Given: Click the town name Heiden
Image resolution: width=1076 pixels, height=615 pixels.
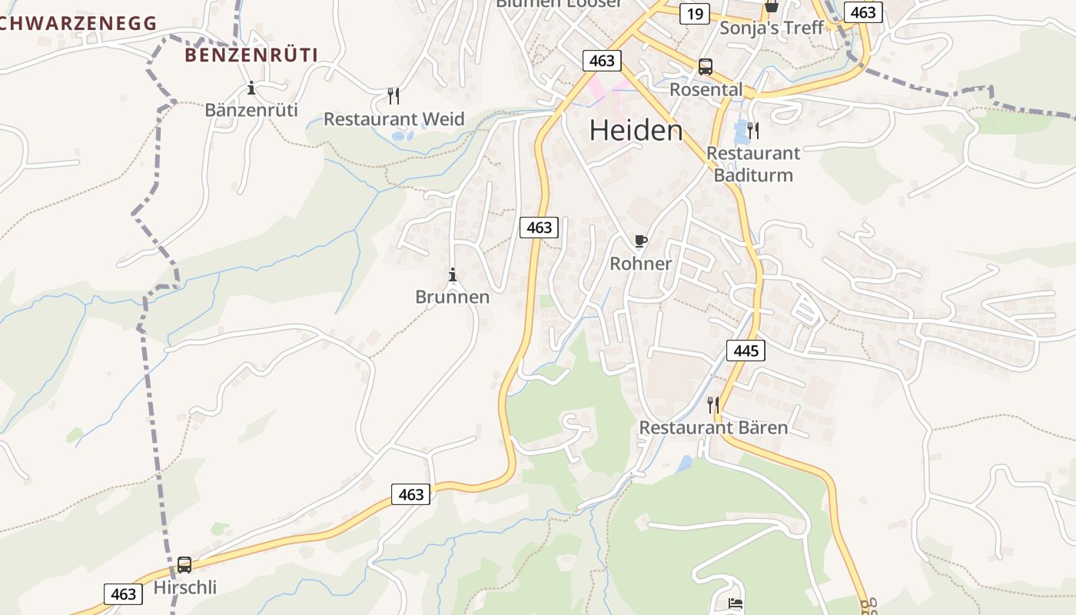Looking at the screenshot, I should [x=636, y=131].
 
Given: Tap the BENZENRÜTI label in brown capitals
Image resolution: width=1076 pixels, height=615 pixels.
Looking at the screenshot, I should [x=251, y=55].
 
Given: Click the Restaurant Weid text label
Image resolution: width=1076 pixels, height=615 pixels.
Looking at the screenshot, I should [x=394, y=119].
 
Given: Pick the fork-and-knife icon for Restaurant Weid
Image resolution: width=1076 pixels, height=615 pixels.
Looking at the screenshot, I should [x=394, y=96].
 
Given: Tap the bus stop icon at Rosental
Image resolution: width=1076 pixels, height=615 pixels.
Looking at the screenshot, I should [x=706, y=67].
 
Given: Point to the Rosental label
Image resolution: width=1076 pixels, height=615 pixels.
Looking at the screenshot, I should [x=706, y=90].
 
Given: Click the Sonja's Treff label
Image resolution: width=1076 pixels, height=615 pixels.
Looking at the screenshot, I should [x=771, y=28].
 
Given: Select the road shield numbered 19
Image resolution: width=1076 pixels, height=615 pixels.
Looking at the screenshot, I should [x=694, y=14].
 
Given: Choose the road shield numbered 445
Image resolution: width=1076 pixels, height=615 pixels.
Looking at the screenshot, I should [x=746, y=351].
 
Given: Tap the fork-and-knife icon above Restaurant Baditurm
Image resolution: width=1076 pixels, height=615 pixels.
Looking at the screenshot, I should [x=753, y=131].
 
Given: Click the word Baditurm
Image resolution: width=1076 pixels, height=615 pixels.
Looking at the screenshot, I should [x=753, y=175].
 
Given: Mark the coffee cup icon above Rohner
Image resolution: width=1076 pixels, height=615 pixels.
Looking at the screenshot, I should [x=640, y=241].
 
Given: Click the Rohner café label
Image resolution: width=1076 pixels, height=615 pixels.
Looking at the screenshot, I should [x=640, y=264].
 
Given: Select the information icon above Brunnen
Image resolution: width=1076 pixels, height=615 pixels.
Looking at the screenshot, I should [x=453, y=274].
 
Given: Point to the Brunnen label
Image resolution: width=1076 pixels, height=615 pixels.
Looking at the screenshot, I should [x=452, y=297].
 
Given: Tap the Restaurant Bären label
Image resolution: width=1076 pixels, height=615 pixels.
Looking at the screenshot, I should [x=713, y=427].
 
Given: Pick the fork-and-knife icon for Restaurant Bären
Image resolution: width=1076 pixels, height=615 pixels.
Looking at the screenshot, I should [x=713, y=404].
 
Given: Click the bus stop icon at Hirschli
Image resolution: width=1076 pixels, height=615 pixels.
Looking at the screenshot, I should [x=184, y=565].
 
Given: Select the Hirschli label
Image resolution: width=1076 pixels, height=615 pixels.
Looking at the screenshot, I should [x=185, y=588].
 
